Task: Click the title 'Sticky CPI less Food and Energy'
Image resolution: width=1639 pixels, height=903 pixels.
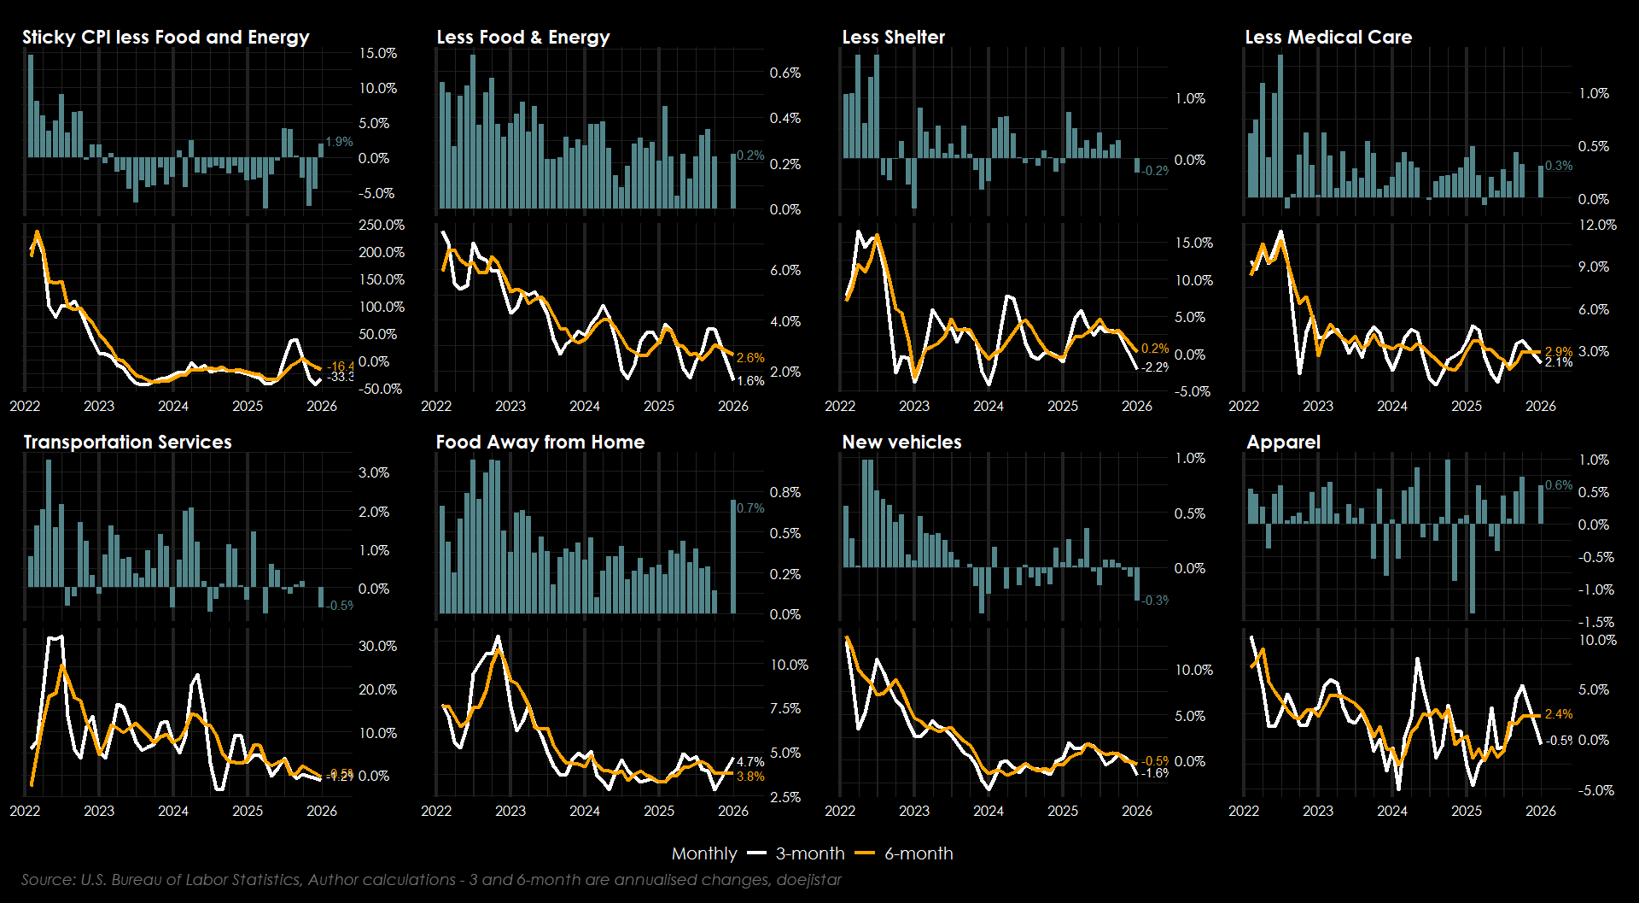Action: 166,38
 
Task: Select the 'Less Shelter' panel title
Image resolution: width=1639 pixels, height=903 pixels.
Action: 893,38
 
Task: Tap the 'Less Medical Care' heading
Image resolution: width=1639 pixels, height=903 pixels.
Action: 1328,38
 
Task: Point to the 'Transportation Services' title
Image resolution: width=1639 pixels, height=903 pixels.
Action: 127,443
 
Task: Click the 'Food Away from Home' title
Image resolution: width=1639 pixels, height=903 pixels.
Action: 540,443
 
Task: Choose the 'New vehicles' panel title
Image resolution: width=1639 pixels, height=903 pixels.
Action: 901,443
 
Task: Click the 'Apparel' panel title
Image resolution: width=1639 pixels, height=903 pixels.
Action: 1283,443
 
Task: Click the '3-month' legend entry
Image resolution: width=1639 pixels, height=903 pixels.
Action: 809,853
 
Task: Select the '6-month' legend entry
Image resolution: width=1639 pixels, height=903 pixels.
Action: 919,853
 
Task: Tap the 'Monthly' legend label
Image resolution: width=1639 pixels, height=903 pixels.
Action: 703,853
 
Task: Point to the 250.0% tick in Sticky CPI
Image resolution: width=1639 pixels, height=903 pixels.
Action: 381,226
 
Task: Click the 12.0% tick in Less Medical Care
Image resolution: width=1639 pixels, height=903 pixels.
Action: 1597,226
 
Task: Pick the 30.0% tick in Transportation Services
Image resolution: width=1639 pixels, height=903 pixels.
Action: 377,647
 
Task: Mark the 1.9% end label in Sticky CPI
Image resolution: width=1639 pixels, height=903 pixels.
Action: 339,142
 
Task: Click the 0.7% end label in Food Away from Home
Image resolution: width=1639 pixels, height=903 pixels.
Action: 750,508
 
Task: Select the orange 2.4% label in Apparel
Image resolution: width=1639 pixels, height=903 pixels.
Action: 1558,714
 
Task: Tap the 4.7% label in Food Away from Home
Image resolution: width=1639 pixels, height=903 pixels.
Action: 750,762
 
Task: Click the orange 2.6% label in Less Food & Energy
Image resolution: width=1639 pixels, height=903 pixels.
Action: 750,358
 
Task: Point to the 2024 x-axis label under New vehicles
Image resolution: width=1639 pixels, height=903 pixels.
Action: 989,811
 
